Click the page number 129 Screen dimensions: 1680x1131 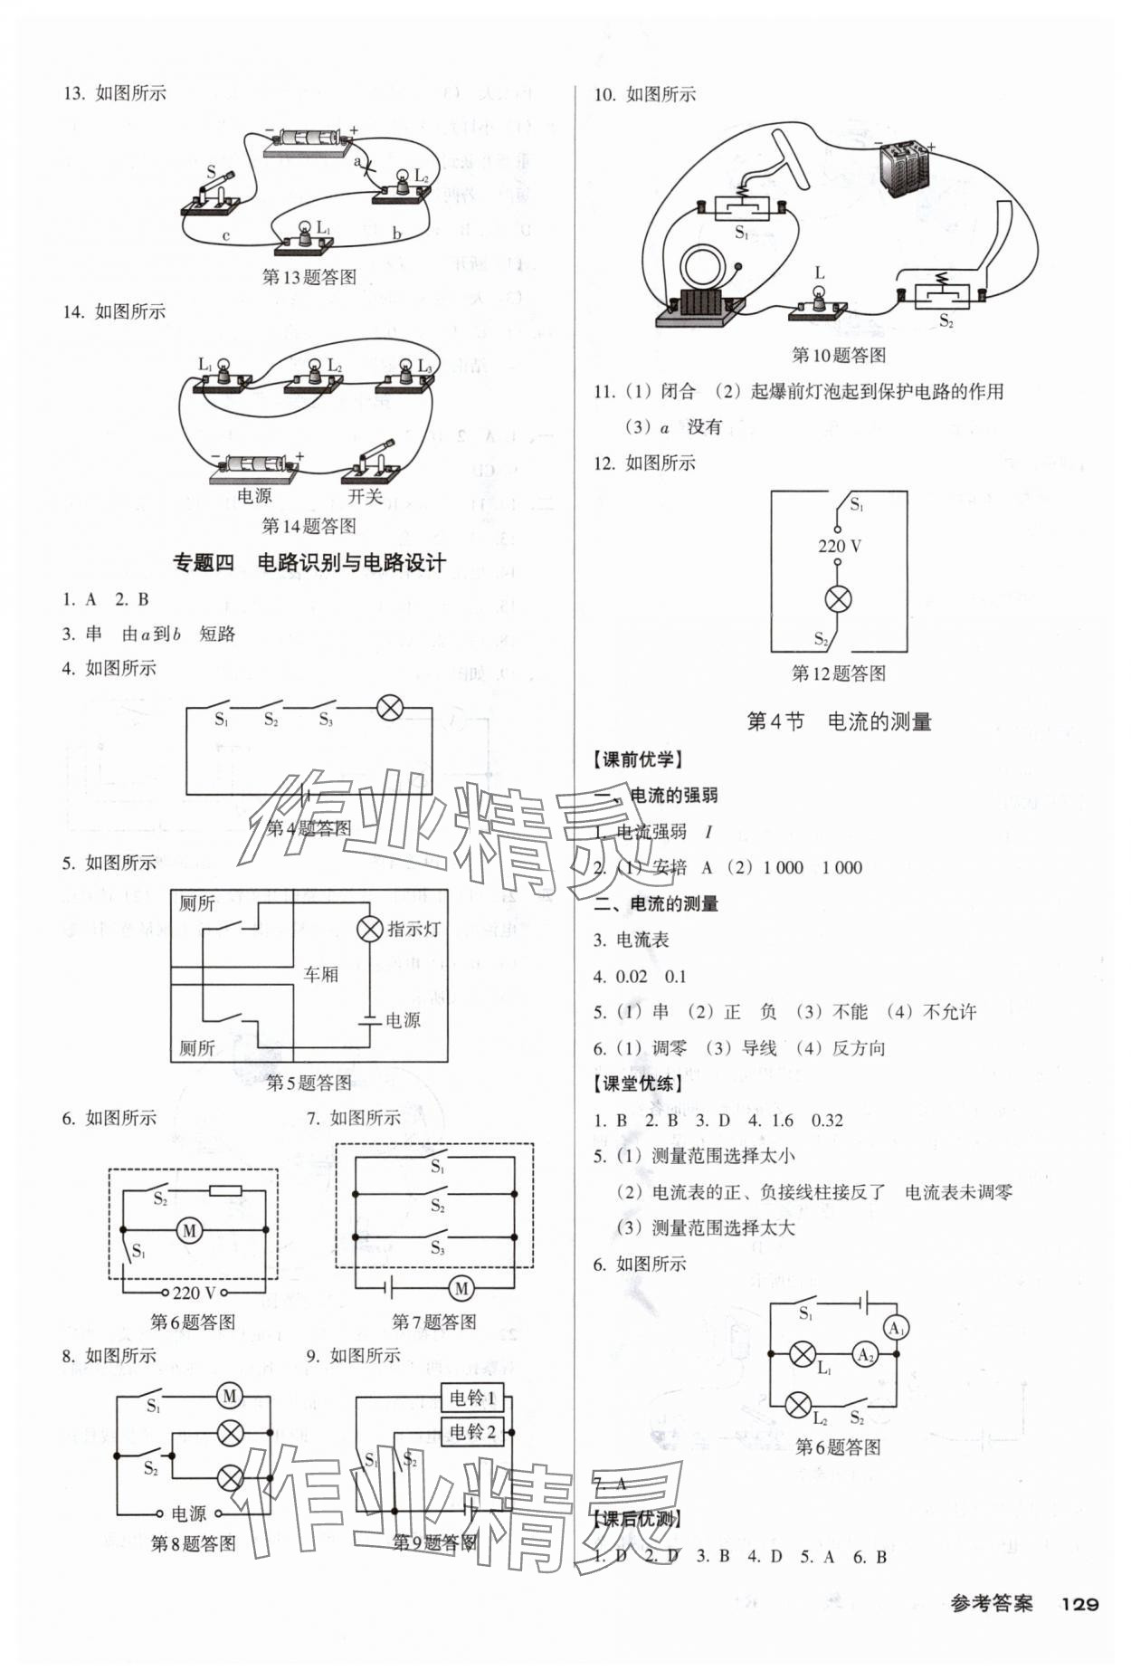(1079, 1604)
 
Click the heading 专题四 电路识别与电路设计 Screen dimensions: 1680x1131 (309, 563)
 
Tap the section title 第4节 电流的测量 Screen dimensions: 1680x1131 (839, 721)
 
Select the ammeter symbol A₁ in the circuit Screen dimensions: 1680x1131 (896, 1329)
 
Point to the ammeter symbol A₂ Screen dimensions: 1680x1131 (865, 1355)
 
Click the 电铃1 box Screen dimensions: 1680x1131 (473, 1398)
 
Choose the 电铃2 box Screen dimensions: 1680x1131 (473, 1432)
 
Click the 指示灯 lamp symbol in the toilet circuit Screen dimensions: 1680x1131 (369, 929)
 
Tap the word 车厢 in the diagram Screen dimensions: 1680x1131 (320, 974)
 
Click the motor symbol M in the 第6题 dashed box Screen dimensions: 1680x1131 (190, 1230)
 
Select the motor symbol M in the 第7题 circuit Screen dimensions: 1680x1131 (461, 1288)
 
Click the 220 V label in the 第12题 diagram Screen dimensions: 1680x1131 (839, 546)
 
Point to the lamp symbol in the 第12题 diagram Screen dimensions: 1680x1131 (839, 598)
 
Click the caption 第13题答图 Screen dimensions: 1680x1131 (309, 277)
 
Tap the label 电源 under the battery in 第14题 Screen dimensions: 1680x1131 (254, 496)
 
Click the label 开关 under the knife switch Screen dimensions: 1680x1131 (365, 496)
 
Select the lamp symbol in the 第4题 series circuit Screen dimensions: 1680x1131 (389, 708)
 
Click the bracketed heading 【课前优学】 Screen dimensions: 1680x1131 (638, 760)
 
